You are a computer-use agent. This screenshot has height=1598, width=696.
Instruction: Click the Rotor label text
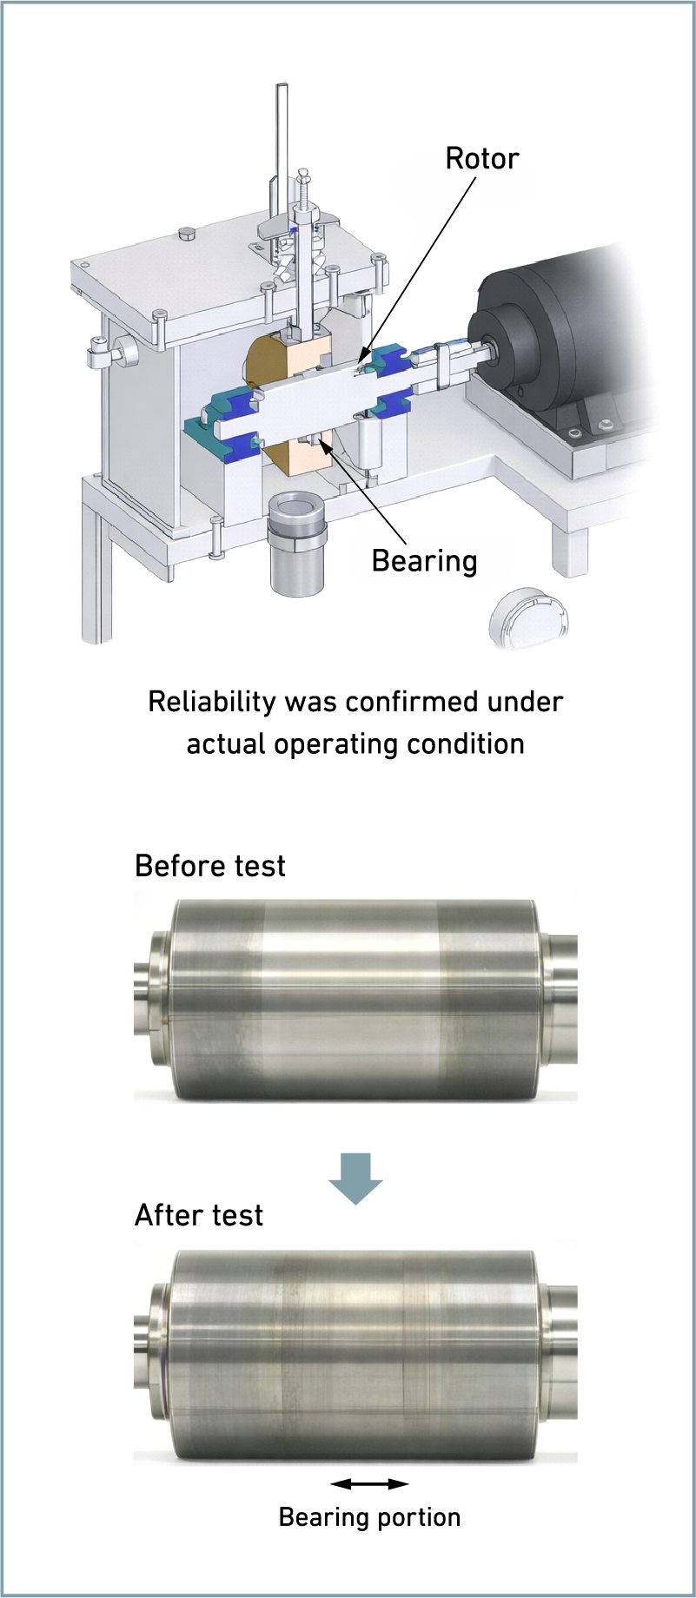482,158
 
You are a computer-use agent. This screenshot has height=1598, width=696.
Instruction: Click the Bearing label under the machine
424,562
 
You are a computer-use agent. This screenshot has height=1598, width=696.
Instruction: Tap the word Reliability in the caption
212,702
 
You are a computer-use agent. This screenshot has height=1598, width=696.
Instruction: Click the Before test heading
210,866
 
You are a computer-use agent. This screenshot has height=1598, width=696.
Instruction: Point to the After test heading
199,1215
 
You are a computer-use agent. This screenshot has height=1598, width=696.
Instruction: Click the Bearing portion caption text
369,1517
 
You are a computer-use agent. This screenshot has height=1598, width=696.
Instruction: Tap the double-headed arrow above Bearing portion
369,1483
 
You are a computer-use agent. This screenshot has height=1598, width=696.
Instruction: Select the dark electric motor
565,334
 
